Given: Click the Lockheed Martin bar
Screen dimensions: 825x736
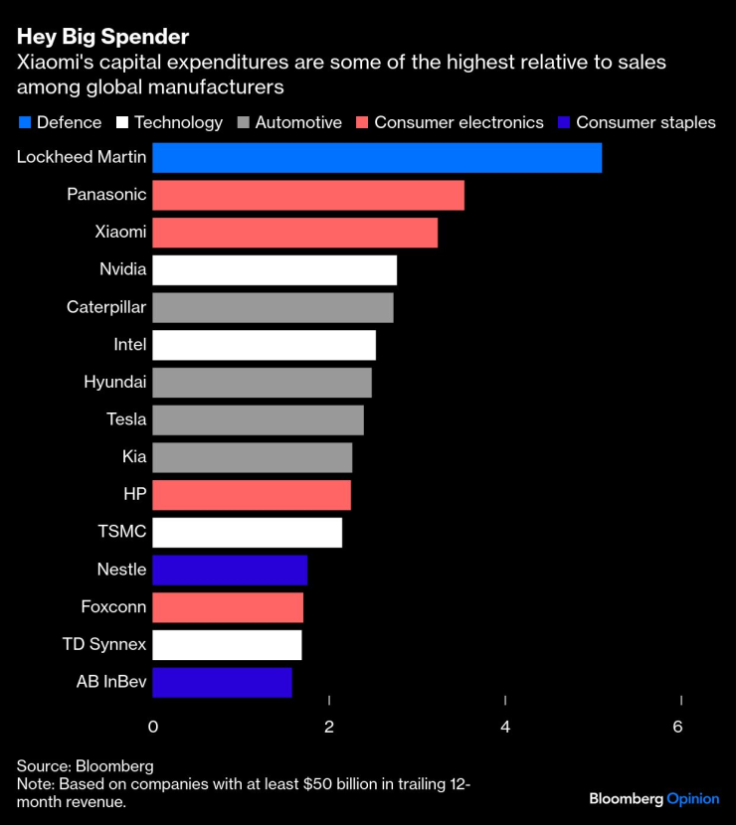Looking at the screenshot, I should [x=377, y=158].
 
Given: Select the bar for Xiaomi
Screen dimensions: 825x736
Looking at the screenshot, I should [x=294, y=233].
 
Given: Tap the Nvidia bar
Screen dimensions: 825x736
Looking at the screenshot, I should [x=275, y=270].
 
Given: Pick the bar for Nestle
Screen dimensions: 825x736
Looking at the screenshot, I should [x=230, y=571].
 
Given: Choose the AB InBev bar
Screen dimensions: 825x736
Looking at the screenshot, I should [x=222, y=682].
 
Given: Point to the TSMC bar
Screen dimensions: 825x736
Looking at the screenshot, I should [x=247, y=533].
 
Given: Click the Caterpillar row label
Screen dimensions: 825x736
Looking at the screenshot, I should [x=106, y=307].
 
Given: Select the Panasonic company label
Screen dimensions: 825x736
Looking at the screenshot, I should [x=106, y=195].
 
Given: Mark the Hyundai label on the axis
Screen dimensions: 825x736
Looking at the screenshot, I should [x=114, y=382].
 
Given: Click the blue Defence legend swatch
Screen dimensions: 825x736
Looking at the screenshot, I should [x=25, y=123].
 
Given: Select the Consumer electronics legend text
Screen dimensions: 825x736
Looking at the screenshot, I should [x=459, y=123].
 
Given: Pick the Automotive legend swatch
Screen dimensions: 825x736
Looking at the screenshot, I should [x=244, y=123].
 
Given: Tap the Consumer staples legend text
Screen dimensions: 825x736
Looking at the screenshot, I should [x=645, y=123].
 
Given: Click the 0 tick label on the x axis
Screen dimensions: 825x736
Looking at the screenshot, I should [x=153, y=727].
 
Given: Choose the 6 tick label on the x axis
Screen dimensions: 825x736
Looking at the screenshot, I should [x=677, y=727].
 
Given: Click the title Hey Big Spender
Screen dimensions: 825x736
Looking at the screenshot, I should [x=102, y=38].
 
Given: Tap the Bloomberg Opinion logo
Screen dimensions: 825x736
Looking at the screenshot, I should [x=653, y=798].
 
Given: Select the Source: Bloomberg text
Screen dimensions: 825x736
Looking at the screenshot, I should [x=86, y=766].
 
